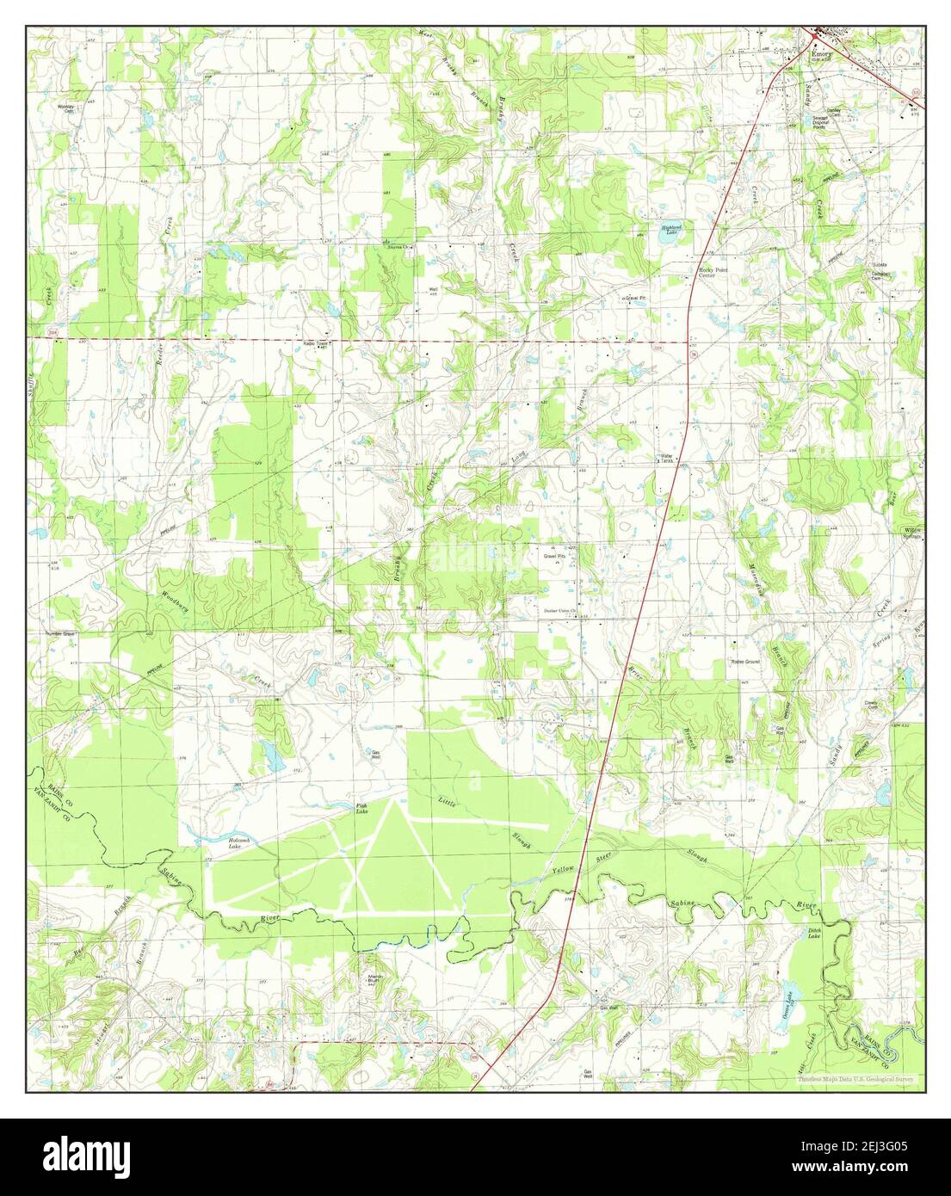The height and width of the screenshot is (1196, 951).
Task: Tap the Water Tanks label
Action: [x=666, y=459]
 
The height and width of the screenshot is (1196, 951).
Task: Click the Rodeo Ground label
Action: [x=745, y=661]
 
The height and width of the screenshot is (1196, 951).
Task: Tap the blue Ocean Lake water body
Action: [x=790, y=996]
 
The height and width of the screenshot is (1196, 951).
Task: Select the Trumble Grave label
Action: [x=61, y=634]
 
